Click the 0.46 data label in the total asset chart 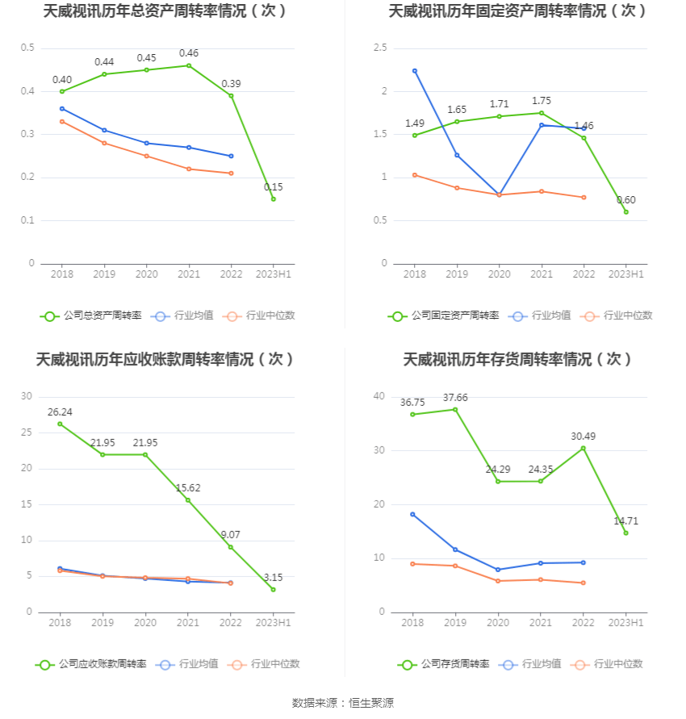coord(189,53)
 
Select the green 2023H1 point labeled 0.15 coord(274,199)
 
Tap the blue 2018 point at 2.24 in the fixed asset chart coord(415,71)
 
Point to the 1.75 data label coord(542,101)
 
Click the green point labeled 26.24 coord(60,424)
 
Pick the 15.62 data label coord(188,488)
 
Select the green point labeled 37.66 coord(455,409)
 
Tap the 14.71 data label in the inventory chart coord(625,520)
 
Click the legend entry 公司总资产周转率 coord(90,316)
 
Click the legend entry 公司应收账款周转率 coord(90,664)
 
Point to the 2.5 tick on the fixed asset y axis coord(380,48)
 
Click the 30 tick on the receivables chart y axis coord(27,396)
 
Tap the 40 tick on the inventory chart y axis coord(379,396)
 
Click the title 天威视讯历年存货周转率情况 coord(517,359)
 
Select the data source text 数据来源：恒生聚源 coord(343,703)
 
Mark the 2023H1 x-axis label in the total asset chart coord(274,274)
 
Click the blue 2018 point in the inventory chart coord(413,514)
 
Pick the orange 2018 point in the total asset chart coord(61,121)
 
